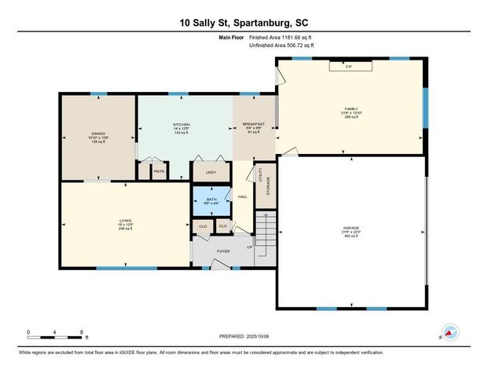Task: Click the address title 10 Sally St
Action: coord(244,24)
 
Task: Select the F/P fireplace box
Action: coord(349,67)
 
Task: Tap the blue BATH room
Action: coord(211,199)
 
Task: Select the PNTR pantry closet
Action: coord(159,171)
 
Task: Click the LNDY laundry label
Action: coord(211,171)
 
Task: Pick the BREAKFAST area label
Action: coord(253,125)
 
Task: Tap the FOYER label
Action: coord(223,251)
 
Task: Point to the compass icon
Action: coord(449,332)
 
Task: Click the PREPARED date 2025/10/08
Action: coord(244,337)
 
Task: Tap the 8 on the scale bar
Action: coord(82,332)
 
